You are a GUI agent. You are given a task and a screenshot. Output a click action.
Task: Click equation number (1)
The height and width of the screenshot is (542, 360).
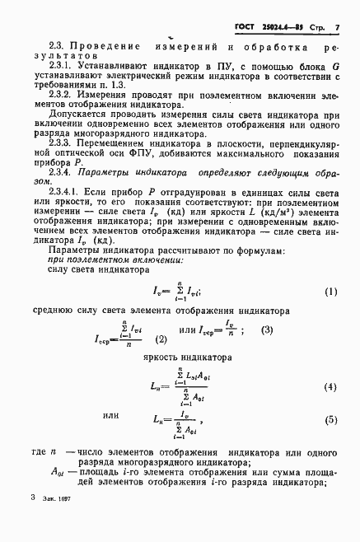(x=330, y=292)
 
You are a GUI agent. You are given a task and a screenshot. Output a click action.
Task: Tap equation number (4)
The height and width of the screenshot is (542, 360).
(x=330, y=386)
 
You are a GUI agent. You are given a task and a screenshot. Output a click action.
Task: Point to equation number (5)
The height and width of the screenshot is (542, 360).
(x=330, y=419)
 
